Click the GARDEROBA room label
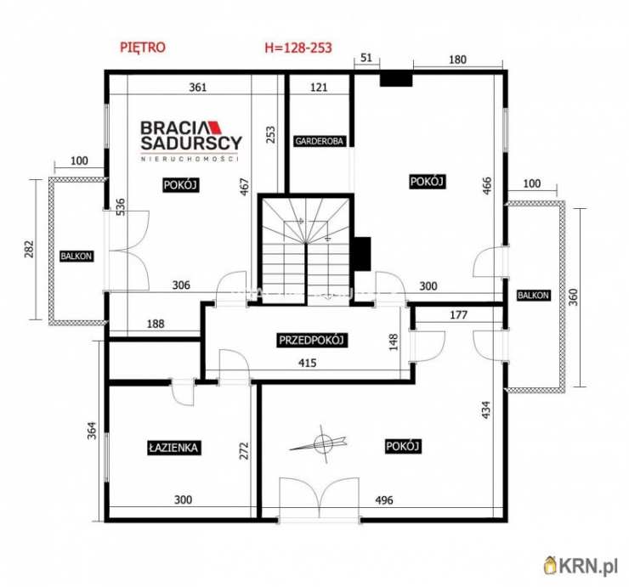320,141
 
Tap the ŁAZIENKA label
173,448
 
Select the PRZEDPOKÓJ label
312,341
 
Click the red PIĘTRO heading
143,48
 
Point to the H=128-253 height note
298,48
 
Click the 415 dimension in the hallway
308,363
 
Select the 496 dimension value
384,500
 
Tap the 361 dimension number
198,87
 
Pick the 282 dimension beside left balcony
29,249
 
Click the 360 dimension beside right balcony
574,296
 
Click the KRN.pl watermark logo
581,566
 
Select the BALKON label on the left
76,257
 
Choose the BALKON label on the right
533,295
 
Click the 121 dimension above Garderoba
319,87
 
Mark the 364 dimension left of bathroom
93,430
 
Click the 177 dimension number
458,315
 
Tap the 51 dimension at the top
366,58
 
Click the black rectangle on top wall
396,79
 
